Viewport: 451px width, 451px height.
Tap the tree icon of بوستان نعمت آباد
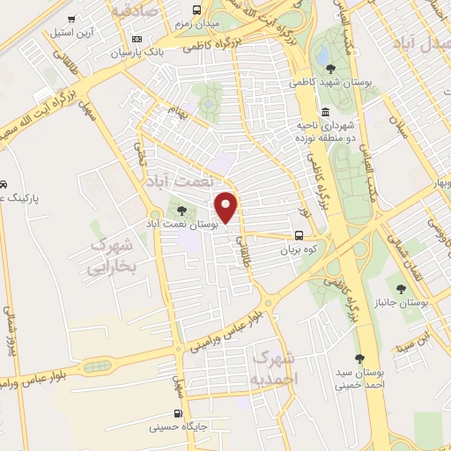click(x=181, y=210)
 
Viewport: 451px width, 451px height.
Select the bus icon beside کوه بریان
click(x=300, y=235)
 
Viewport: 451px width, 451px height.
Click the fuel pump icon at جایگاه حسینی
click(x=181, y=413)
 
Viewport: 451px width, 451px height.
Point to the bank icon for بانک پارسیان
click(x=137, y=39)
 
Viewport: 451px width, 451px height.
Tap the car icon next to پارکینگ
click(x=4, y=185)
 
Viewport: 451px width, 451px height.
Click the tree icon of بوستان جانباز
click(x=401, y=288)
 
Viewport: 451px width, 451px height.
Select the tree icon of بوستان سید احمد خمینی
click(x=359, y=359)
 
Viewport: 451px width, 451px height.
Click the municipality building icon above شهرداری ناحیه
click(x=326, y=112)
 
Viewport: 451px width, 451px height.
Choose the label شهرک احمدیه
click(x=275, y=367)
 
